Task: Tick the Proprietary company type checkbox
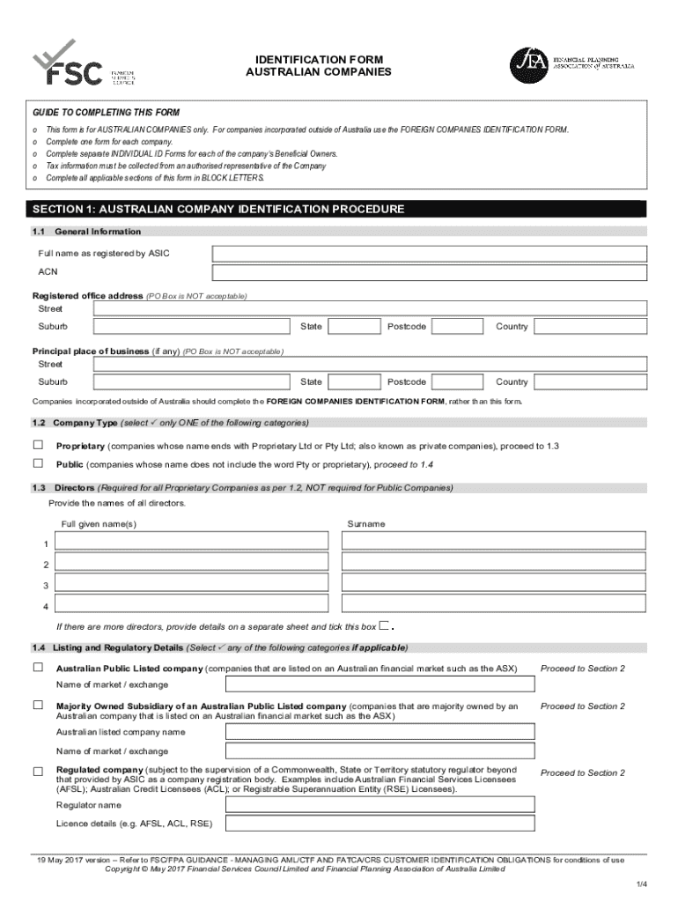coord(38,445)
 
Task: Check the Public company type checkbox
coord(38,463)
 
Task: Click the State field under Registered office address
coord(355,327)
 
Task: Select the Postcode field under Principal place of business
coord(458,382)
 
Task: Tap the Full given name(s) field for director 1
coord(192,543)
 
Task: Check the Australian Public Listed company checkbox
coord(38,668)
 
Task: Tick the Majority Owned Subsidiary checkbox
coord(38,706)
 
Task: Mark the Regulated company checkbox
coord(38,772)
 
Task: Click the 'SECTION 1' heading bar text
coord(218,210)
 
